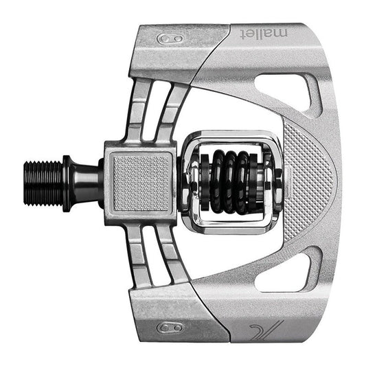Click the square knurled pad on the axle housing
[x=141, y=182]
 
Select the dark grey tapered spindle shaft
[x=88, y=182]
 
